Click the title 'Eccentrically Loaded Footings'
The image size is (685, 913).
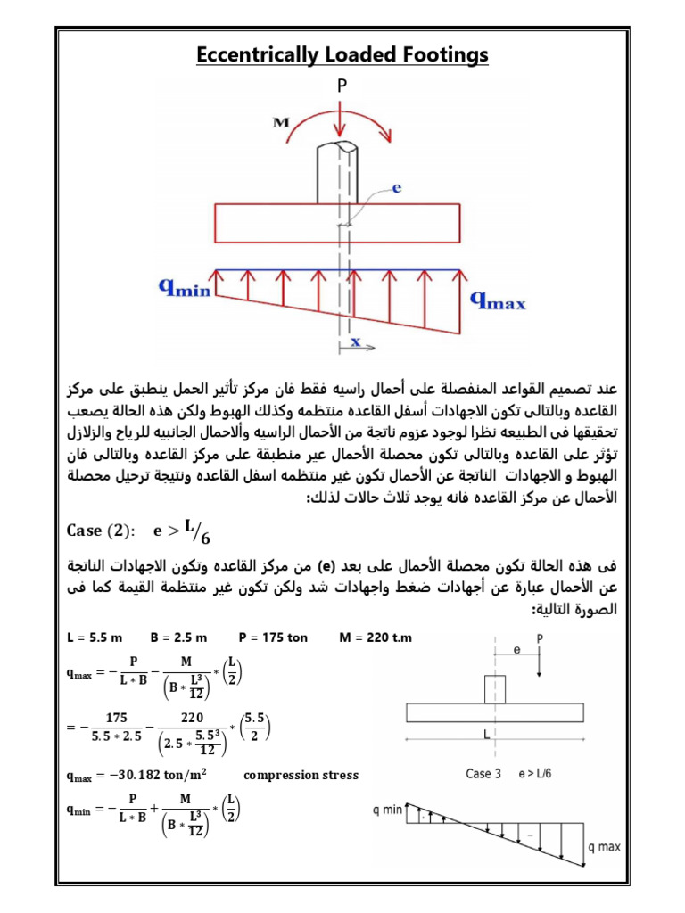[x=342, y=55]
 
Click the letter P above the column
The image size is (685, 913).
[x=342, y=86]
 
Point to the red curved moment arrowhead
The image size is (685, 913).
[x=385, y=136]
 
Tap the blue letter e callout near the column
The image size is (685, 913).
[x=398, y=188]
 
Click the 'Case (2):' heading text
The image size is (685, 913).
[x=102, y=531]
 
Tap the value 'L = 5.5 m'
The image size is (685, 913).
[x=95, y=637]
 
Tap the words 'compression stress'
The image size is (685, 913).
[x=301, y=775]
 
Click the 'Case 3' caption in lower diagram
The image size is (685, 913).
[x=485, y=774]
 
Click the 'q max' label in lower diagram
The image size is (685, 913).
[x=604, y=847]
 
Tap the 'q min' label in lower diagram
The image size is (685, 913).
[x=388, y=810]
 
